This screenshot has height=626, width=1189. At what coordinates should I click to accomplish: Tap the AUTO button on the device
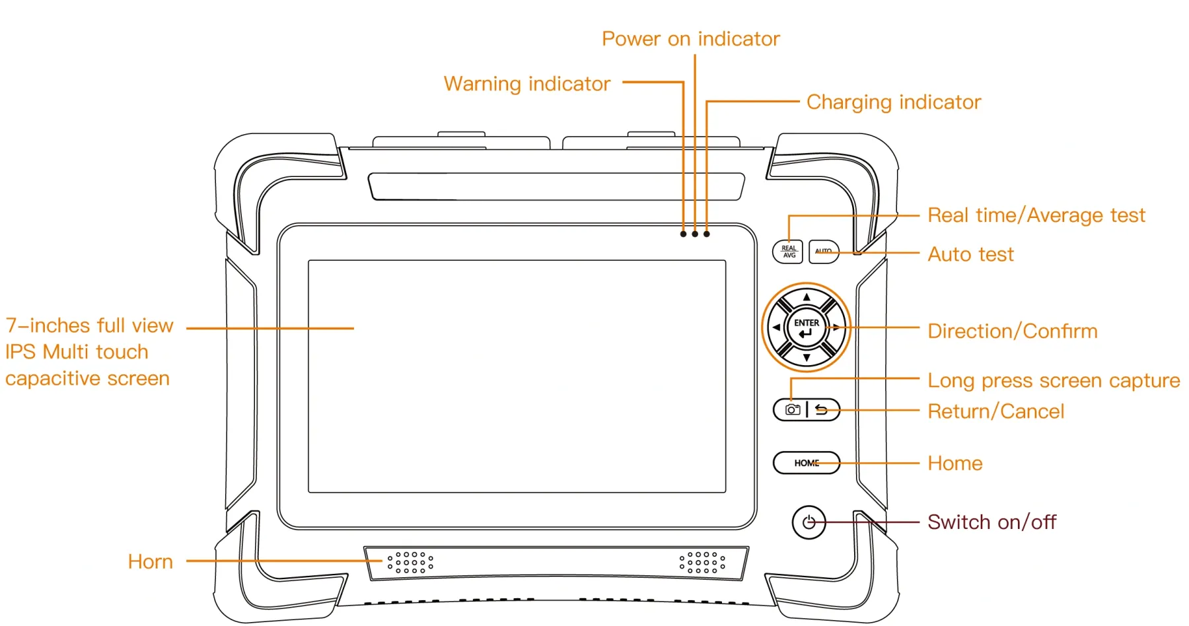[823, 252]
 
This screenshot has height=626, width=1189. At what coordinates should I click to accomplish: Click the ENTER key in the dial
[807, 328]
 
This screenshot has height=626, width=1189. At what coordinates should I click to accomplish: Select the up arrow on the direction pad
[807, 297]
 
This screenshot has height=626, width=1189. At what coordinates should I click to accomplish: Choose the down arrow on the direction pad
[807, 358]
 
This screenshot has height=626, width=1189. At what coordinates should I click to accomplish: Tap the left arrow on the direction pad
[776, 328]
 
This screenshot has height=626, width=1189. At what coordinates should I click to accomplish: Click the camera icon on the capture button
[792, 410]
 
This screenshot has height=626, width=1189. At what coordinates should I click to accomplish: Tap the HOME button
[807, 463]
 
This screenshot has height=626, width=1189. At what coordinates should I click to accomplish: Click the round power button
[809, 523]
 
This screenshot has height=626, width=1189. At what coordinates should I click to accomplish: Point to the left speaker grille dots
[410, 563]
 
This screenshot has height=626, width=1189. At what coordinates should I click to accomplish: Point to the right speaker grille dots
[702, 563]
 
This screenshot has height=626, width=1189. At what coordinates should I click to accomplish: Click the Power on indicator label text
[690, 39]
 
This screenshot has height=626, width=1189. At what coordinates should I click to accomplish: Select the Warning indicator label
[526, 84]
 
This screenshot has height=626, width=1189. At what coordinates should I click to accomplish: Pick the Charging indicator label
[893, 102]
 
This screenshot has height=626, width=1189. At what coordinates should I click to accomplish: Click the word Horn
[150, 562]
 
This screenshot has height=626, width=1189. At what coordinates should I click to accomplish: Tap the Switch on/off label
[991, 522]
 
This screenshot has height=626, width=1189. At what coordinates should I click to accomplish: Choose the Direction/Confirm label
[1012, 331]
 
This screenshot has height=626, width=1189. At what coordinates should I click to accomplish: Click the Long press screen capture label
[1053, 380]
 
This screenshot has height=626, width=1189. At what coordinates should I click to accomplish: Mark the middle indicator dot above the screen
[695, 234]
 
